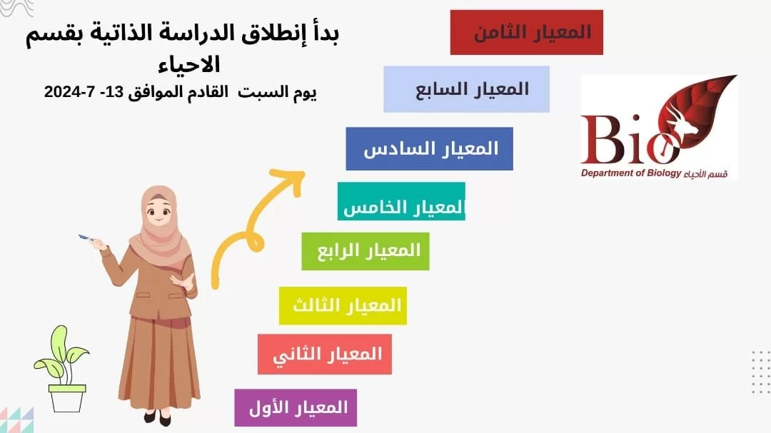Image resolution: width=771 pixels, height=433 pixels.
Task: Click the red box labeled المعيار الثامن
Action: click(527, 32)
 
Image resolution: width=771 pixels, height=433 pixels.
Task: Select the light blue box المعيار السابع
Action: click(467, 89)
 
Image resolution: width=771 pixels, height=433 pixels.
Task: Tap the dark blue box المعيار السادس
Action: click(429, 149)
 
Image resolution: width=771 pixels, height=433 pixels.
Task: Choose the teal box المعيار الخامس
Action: click(401, 201)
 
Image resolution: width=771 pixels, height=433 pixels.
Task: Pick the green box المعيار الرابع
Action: click(366, 251)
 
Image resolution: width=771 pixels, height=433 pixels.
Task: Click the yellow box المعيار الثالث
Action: click(343, 306)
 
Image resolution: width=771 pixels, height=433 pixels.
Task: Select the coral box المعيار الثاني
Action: click(325, 355)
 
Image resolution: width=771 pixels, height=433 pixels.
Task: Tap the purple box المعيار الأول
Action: click(296, 408)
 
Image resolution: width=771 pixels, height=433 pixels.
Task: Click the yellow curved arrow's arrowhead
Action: click(289, 180)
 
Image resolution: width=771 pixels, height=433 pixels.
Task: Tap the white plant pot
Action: click(67, 398)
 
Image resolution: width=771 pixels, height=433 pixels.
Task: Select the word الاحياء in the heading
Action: click(189, 65)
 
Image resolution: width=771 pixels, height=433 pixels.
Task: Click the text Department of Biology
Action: click(631, 173)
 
